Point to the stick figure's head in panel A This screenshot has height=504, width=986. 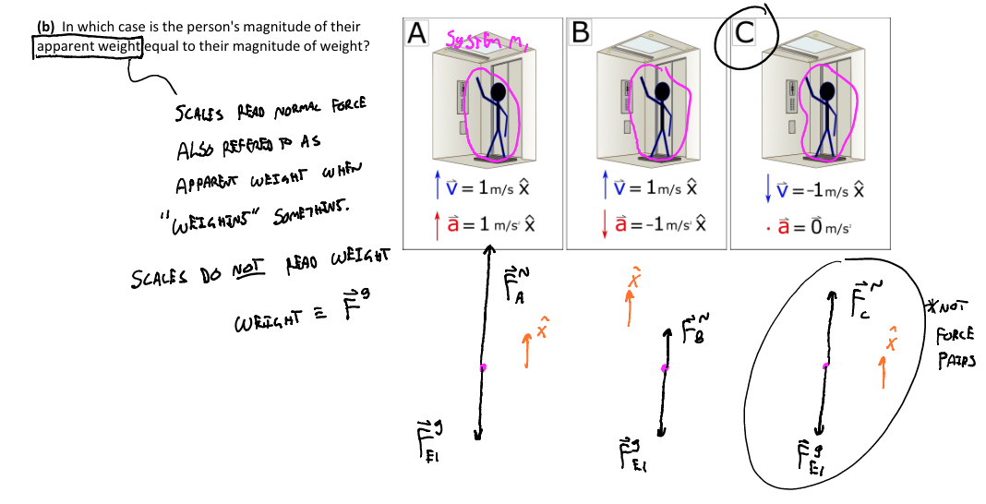point(499,91)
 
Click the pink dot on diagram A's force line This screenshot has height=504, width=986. point(482,367)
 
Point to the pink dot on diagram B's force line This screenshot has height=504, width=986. point(664,368)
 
